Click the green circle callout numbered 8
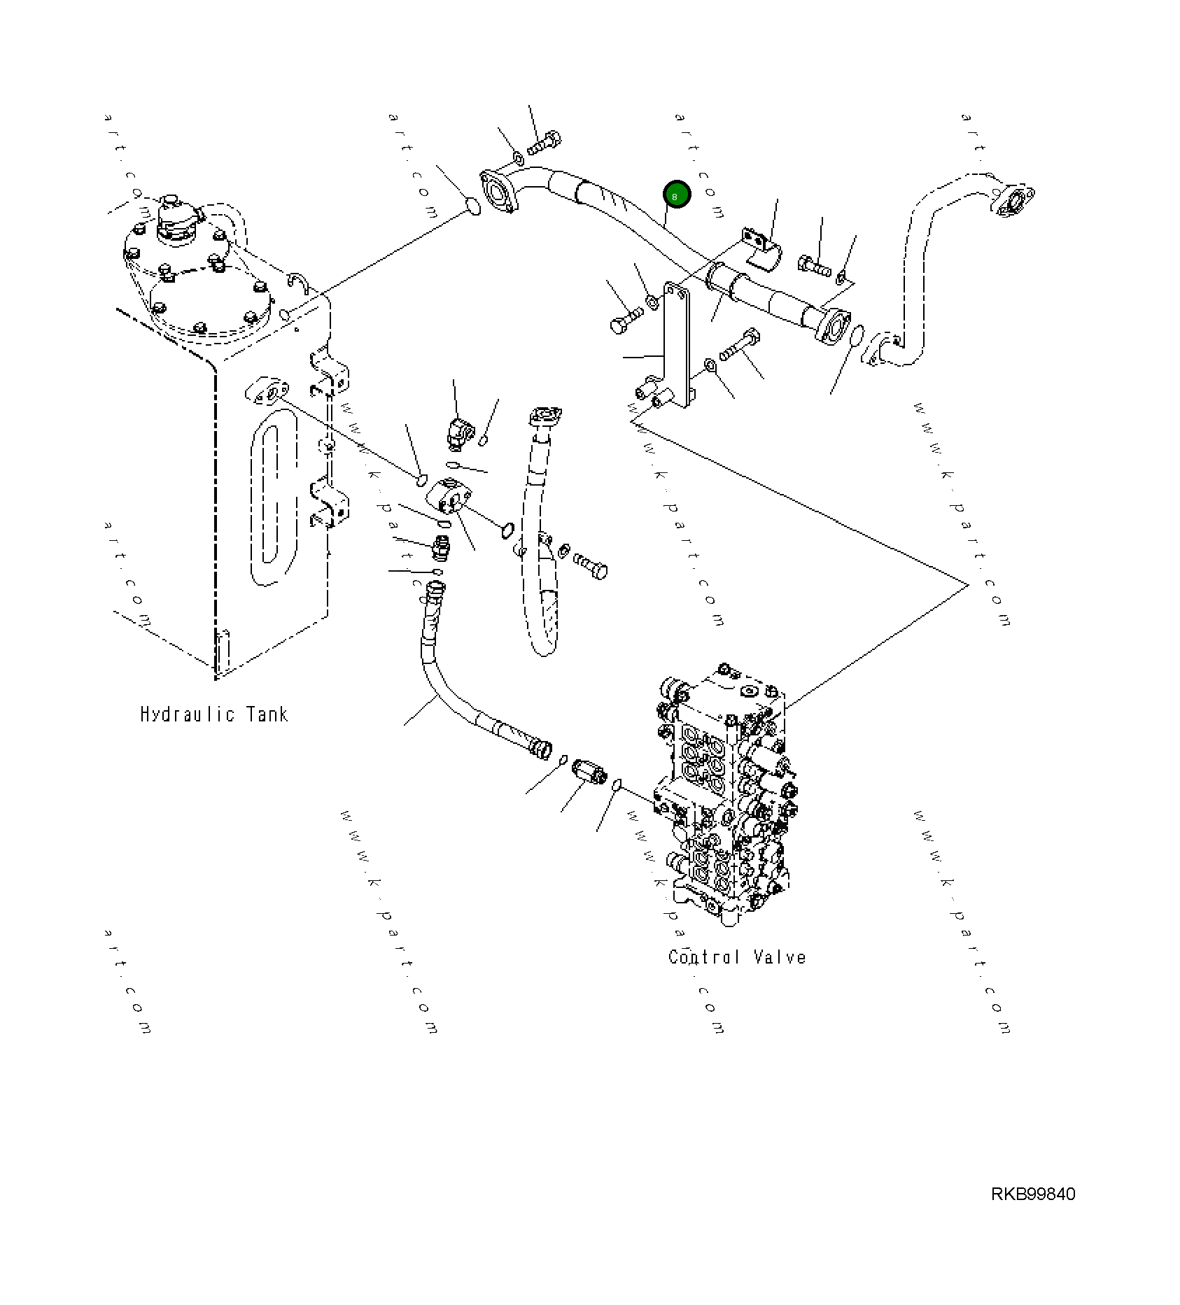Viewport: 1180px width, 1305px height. click(676, 195)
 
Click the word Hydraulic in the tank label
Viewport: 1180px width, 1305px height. click(187, 714)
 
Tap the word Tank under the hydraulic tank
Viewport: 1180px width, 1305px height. click(267, 714)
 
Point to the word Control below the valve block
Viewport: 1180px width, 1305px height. click(703, 957)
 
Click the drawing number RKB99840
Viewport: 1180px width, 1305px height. click(1032, 1194)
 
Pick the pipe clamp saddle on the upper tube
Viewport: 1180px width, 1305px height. click(761, 248)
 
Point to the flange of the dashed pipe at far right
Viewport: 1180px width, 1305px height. click(1016, 201)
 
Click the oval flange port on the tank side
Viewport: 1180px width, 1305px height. click(267, 391)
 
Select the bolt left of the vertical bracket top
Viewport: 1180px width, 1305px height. click(625, 321)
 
